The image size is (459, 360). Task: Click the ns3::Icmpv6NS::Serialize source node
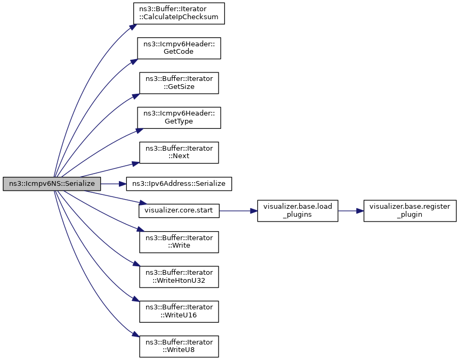[52, 184]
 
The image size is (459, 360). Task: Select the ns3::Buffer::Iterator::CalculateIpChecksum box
[179, 13]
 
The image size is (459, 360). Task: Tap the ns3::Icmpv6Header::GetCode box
[179, 48]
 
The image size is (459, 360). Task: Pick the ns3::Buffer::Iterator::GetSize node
[179, 83]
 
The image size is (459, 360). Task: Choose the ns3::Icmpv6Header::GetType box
[179, 118]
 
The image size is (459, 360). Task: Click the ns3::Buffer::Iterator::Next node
[179, 153]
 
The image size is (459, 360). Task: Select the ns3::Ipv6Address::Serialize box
[179, 184]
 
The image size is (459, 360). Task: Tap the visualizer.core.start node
[179, 210]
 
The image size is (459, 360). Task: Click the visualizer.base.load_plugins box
[297, 211]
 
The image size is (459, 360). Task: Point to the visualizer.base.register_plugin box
[410, 211]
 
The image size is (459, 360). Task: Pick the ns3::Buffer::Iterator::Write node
[179, 242]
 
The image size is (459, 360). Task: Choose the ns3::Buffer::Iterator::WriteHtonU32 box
[179, 276]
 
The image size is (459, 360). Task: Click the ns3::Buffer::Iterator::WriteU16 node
[179, 312]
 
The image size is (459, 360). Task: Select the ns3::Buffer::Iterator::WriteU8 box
[179, 346]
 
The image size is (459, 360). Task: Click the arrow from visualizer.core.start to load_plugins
[238, 211]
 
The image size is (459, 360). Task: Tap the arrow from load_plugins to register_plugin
[351, 211]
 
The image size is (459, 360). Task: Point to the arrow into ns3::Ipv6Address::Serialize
[114, 184]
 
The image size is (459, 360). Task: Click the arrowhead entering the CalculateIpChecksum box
[133, 27]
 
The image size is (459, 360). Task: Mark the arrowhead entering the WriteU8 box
[135, 335]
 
